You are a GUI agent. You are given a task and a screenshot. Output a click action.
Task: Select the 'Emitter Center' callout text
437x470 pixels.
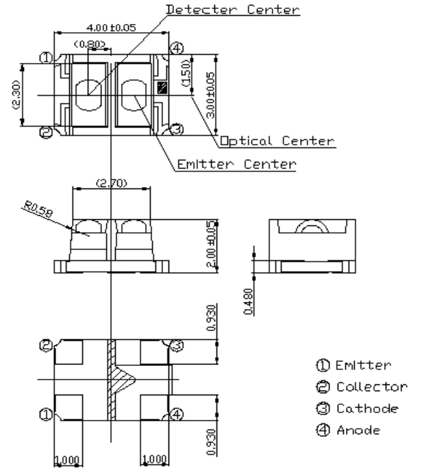[x=236, y=164]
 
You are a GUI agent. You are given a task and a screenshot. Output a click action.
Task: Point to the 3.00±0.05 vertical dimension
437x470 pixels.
[x=210, y=96]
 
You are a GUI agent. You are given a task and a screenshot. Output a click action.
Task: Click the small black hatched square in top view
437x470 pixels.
[x=162, y=87]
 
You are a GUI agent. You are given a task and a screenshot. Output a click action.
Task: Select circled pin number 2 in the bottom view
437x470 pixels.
[x=47, y=346]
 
